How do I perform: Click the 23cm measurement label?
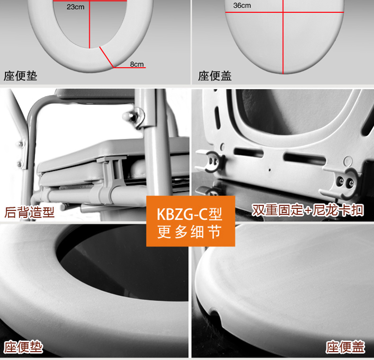pyautogui.click(x=75, y=7)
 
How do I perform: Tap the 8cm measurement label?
pyautogui.click(x=137, y=64)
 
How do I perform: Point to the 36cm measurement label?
pyautogui.click(x=242, y=6)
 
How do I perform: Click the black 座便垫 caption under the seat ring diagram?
pyautogui.click(x=20, y=76)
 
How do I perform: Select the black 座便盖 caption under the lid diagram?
pyautogui.click(x=214, y=76)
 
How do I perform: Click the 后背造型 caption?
pyautogui.click(x=29, y=212)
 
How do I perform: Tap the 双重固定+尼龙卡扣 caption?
pyautogui.click(x=308, y=210)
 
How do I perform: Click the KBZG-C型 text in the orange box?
pyautogui.click(x=189, y=214)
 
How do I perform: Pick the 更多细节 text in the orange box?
pyautogui.click(x=189, y=232)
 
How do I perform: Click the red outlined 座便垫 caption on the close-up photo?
pyautogui.click(x=23, y=347)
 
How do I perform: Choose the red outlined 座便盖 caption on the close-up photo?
pyautogui.click(x=345, y=347)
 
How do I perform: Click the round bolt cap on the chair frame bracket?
pyautogui.click(x=128, y=116)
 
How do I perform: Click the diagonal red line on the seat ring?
pyautogui.click(x=107, y=57)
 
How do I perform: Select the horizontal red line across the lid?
pyautogui.click(x=285, y=12)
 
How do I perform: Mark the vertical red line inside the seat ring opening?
pyautogui.click(x=89, y=24)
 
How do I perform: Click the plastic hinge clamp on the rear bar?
pyautogui.click(x=112, y=179)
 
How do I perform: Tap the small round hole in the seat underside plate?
pyautogui.click(x=348, y=161)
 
